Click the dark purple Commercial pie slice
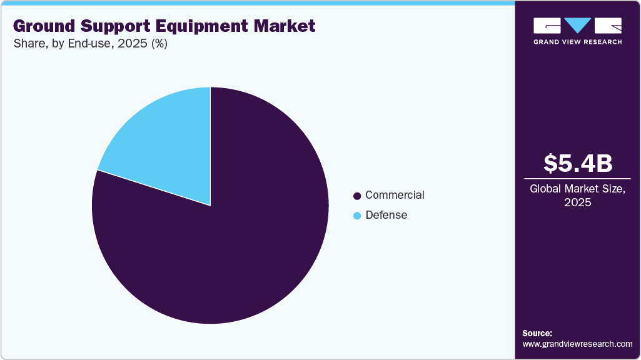pos(238,244)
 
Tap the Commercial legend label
pos(395,195)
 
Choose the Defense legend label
pos(386,215)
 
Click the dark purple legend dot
pos(357,196)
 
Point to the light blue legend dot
pos(357,216)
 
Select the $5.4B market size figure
pos(577,163)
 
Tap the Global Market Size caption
pos(577,188)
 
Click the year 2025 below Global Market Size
pos(577,202)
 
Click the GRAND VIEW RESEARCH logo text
pos(577,42)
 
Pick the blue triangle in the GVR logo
pos(577,26)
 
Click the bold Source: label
pos(537,333)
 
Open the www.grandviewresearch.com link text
pos(577,344)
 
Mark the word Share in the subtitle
pos(27,44)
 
